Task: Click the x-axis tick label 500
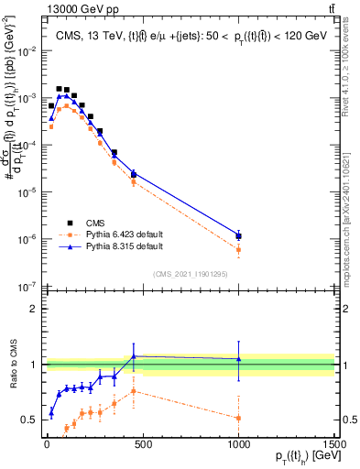(x=142, y=442)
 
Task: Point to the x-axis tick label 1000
(x=238, y=442)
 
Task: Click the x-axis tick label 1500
(x=333, y=442)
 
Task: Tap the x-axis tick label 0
(x=46, y=442)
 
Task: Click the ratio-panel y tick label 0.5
(x=30, y=420)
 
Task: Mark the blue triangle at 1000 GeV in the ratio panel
(x=238, y=358)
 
